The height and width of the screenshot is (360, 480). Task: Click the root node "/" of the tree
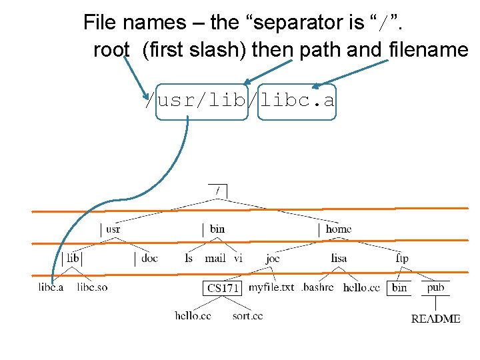pos(217,190)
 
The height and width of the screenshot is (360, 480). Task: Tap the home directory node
pos(338,229)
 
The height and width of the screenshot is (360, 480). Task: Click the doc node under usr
pos(149,258)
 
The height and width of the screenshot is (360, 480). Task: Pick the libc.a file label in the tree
pos(51,287)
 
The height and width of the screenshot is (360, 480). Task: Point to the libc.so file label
pos(92,287)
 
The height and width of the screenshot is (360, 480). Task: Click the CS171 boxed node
pos(223,288)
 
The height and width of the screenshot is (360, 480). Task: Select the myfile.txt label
pos(271,287)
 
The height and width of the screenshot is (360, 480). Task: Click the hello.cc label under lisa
pos(361,288)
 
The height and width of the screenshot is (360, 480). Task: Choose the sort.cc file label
pos(247,315)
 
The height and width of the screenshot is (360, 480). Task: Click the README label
pos(435,319)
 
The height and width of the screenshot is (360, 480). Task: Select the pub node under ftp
pos(435,287)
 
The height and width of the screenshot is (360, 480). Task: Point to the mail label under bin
pos(215,258)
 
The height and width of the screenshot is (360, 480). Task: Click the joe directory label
pos(273,258)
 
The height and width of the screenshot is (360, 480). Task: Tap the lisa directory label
pos(339,258)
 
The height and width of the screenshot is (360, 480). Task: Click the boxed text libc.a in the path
pos(297,101)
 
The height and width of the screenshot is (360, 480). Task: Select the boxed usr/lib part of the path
pos(202,101)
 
